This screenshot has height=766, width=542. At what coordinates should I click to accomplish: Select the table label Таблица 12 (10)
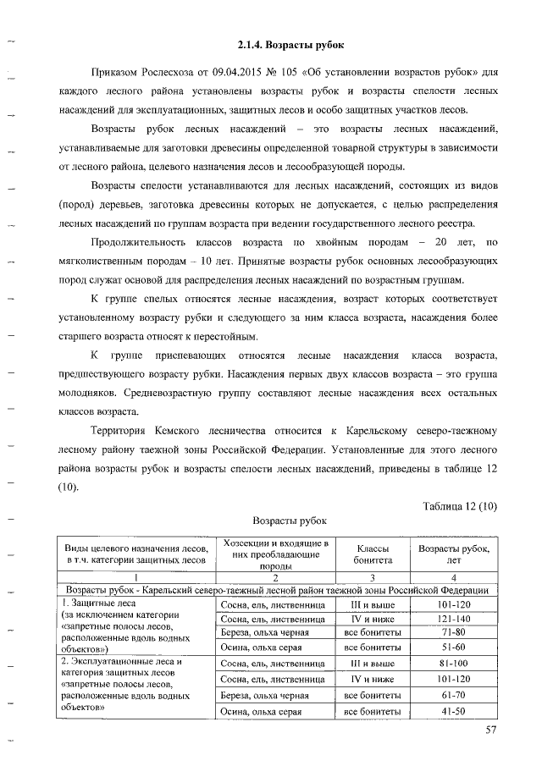click(460, 506)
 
